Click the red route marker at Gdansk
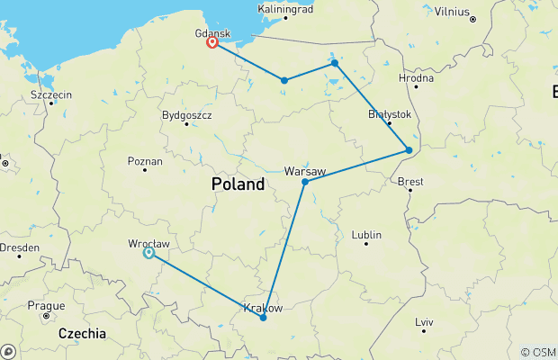click(x=212, y=42)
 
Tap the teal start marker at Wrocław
click(x=148, y=253)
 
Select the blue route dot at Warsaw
click(x=305, y=182)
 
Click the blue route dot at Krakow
click(x=263, y=318)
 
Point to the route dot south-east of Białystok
click(x=409, y=150)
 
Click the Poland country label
click(x=238, y=184)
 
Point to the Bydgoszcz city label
click(x=186, y=115)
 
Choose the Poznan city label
click(x=145, y=162)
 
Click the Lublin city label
click(x=366, y=235)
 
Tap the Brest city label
click(x=410, y=182)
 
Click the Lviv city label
click(x=424, y=321)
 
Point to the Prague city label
click(x=45, y=306)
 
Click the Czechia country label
click(x=82, y=334)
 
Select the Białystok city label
click(x=390, y=115)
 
